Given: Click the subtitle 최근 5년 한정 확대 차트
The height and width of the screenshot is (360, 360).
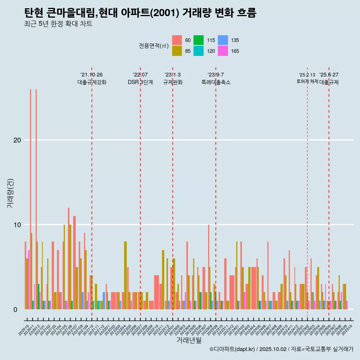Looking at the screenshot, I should (x=58, y=24).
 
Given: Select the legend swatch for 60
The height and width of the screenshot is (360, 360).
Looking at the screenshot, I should (x=177, y=40).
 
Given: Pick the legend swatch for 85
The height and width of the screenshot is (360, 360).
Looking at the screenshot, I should (x=177, y=51).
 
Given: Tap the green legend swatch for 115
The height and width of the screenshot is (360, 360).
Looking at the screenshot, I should (x=198, y=40).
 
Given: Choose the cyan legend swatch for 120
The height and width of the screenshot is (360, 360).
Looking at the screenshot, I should (x=198, y=51).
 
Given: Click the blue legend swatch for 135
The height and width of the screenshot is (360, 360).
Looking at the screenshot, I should (x=223, y=40).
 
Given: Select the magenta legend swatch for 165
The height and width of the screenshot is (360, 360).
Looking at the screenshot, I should (x=223, y=51).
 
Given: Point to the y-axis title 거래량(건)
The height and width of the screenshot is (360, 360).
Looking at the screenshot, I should (x=10, y=193).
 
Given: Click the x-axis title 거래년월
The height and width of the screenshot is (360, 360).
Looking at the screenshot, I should (x=189, y=340).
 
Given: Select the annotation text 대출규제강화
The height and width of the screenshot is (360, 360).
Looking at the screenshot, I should (x=92, y=82).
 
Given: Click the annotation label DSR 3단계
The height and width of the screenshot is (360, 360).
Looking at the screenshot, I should (x=140, y=82).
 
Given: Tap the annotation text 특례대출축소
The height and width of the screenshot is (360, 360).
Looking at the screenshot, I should (x=216, y=82).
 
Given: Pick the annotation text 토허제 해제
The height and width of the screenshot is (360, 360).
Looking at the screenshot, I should (x=307, y=81).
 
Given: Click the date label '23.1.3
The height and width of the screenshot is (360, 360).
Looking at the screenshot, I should (x=172, y=75).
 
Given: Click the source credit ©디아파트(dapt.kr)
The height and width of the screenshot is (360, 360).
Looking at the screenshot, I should (x=232, y=349).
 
